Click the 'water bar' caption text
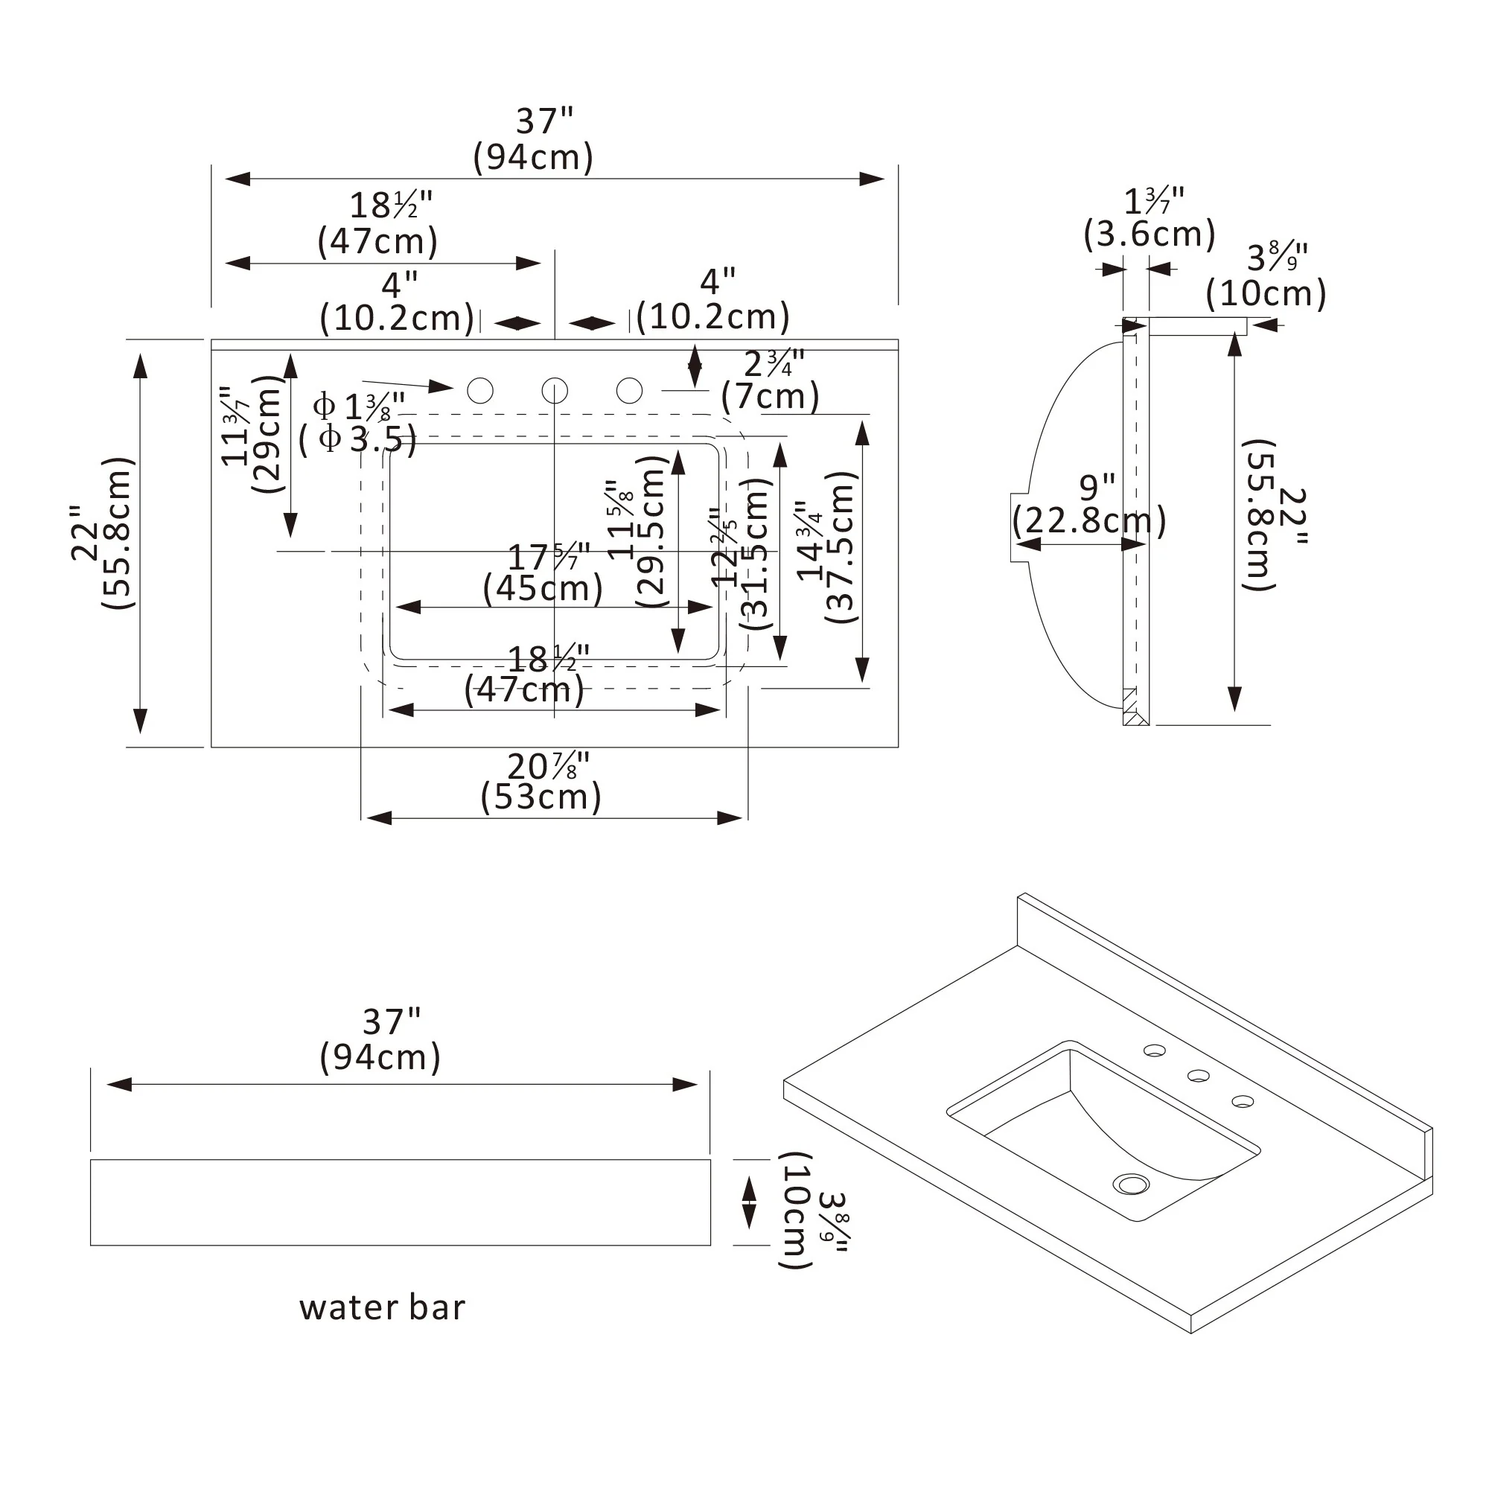pos(382,1308)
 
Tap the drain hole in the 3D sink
pos(1132,1183)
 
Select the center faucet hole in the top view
pos(555,391)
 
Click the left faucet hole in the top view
pos(480,391)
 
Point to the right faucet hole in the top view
pos(630,391)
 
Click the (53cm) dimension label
pos(541,797)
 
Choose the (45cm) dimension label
pos(543,589)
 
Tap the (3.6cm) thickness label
pos(1149,234)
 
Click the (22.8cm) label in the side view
pos(1089,521)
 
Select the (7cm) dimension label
pos(770,397)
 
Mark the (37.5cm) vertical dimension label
pos(841,547)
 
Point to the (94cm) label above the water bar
pos(380,1056)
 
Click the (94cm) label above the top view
pos(533,157)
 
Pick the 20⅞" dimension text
pos(548,766)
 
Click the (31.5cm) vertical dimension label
pos(757,553)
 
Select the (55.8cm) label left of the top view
pos(118,533)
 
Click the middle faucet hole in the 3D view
pos(1198,1075)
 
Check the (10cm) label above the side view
pos(1266,293)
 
